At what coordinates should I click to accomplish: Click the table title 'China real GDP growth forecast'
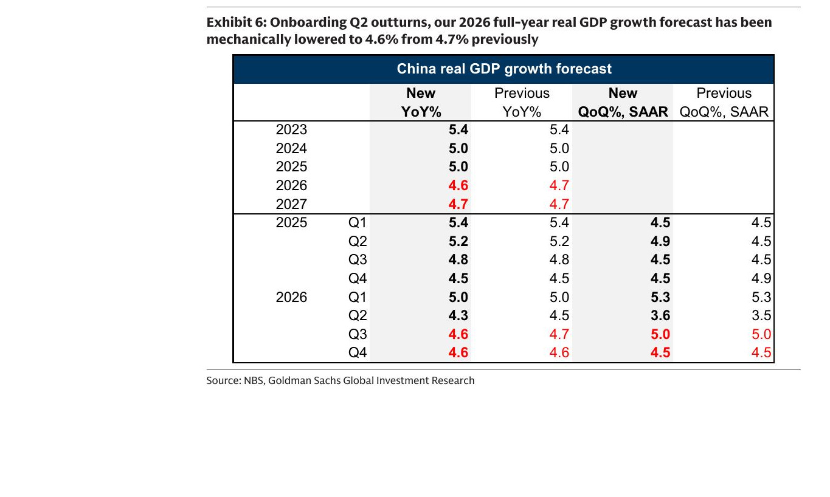tap(504, 69)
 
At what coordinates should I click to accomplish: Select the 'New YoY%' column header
tap(421, 102)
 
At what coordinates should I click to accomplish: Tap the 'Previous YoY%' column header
tap(522, 102)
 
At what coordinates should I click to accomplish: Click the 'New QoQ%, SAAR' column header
tap(623, 102)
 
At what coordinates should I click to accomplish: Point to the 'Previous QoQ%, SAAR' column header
tap(724, 102)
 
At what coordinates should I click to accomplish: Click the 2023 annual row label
tap(291, 129)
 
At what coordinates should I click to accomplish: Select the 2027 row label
tap(291, 204)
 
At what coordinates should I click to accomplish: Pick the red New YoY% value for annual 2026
tap(458, 185)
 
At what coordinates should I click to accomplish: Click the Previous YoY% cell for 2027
tap(559, 204)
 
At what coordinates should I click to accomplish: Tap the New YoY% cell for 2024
tap(458, 148)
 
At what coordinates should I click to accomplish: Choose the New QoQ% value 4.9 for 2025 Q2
tap(660, 241)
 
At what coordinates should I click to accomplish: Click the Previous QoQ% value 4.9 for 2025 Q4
tap(761, 278)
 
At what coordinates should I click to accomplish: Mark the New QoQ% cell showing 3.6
tap(660, 315)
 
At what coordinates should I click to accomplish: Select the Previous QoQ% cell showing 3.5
tap(761, 315)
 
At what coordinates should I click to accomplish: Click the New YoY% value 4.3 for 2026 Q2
tap(458, 315)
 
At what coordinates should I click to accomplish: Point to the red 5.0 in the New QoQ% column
tap(660, 334)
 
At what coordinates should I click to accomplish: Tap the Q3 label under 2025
tap(358, 259)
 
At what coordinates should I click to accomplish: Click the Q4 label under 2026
tap(358, 352)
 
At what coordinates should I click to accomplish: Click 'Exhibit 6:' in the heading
tap(237, 22)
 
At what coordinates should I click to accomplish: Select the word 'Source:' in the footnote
tap(224, 381)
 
